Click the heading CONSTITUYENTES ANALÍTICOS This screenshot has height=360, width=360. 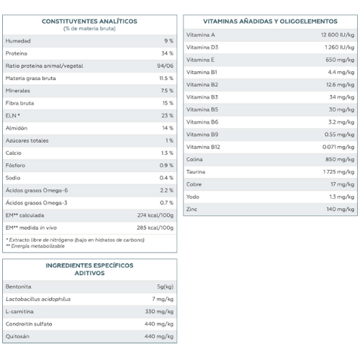pos(89,22)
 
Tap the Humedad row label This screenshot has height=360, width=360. pos(18,41)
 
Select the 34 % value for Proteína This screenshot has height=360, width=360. pos(167,53)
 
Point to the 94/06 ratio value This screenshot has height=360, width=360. pos(165,66)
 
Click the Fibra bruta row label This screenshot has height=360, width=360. pos(19,103)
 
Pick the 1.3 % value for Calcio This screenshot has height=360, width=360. pos(167,153)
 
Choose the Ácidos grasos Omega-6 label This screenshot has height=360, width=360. pos(37,190)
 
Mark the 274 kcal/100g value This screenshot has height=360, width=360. pos(156,215)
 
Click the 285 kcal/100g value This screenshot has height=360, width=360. pos(155,228)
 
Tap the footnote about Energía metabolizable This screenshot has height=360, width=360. pos(35,246)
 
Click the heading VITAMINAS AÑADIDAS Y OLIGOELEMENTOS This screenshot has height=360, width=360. pos(270,22)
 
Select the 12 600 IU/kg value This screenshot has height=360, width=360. pos(338,35)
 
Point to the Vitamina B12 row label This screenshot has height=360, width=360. pos(203,147)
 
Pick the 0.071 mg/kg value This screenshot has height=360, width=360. pos(338,147)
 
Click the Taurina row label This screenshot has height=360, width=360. pos(196,172)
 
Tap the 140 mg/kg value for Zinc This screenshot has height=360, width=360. pos(341,210)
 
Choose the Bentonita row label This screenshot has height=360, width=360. pos(18,287)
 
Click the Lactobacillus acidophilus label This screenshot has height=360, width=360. pos(38,299)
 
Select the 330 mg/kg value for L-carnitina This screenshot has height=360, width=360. pos(159,312)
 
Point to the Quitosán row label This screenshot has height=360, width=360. pos(17,336)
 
